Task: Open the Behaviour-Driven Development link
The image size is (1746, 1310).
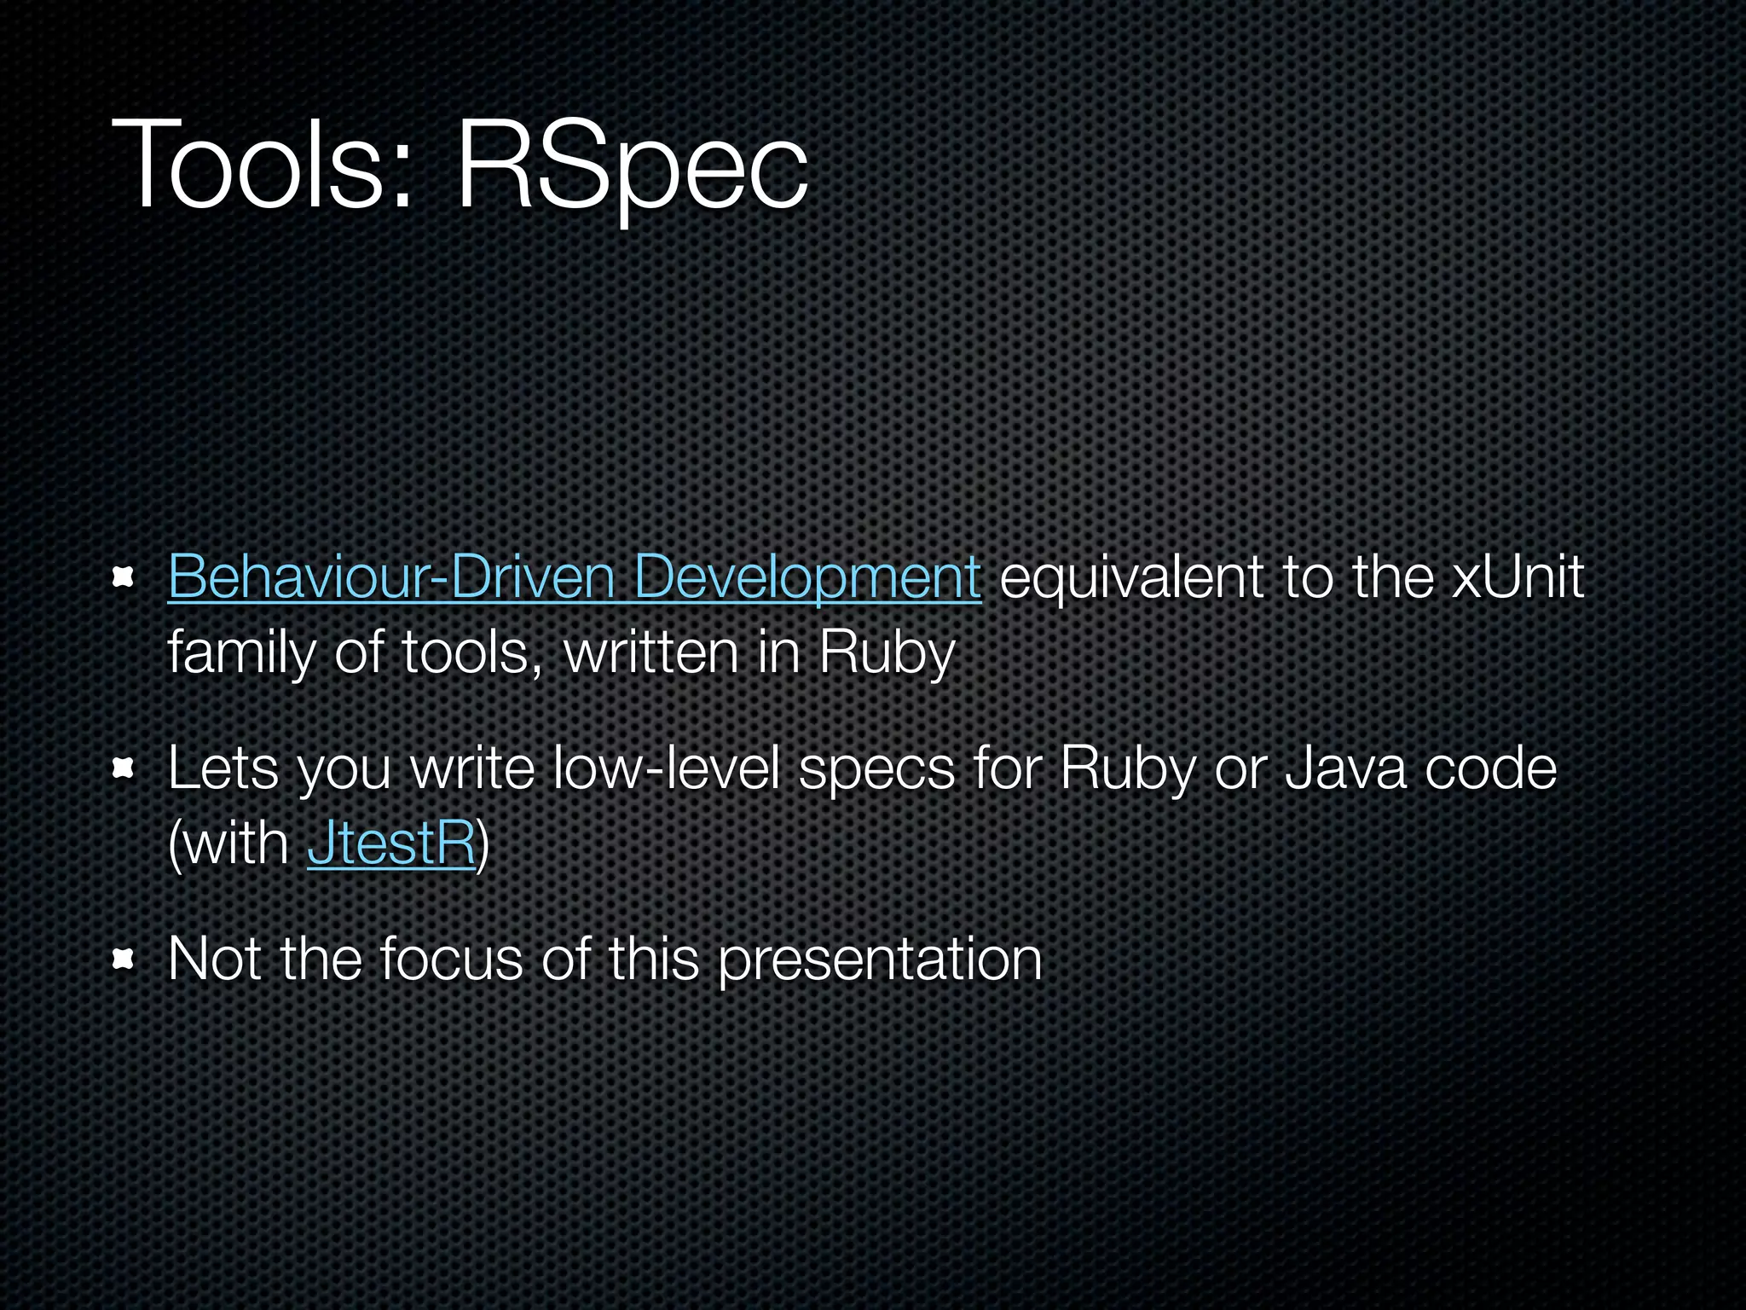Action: tap(574, 577)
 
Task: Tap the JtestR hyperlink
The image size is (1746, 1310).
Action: tap(390, 843)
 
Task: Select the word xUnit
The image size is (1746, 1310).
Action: tap(1518, 577)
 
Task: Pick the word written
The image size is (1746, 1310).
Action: tap(651, 652)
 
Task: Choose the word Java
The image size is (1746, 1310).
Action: tap(1344, 768)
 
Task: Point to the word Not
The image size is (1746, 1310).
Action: tap(214, 959)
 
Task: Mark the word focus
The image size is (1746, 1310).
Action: tap(451, 959)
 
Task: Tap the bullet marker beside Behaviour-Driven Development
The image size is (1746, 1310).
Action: tap(124, 579)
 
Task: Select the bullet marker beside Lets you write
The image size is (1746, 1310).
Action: tap(124, 770)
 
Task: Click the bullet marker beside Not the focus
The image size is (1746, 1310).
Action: tap(124, 961)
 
